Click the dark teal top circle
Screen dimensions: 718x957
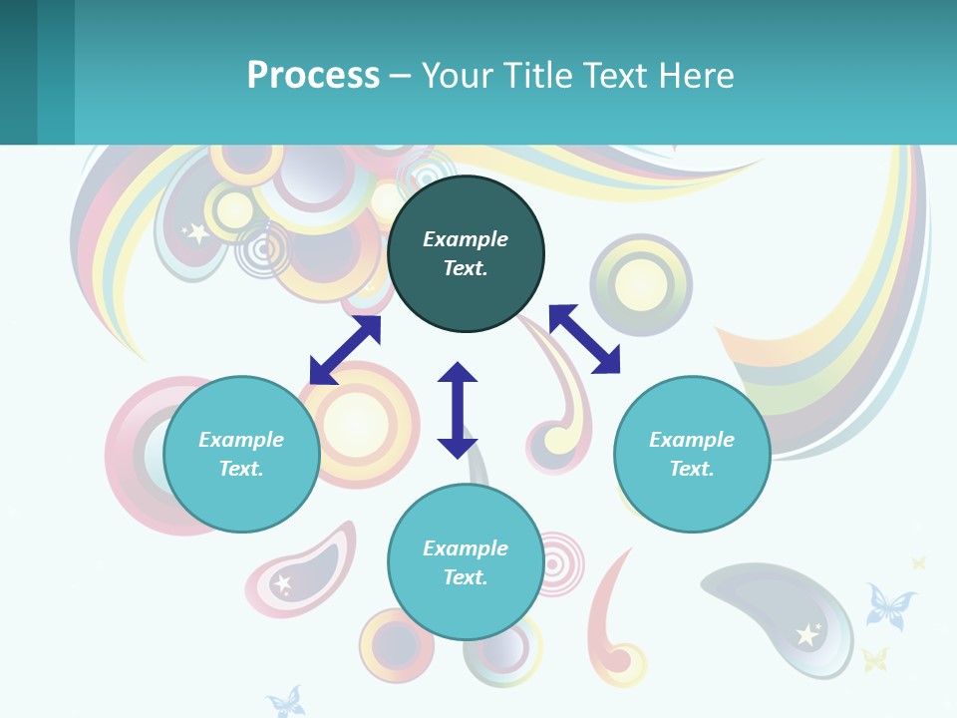coord(466,254)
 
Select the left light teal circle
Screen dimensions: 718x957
coord(241,455)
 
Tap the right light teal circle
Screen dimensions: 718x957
coord(692,455)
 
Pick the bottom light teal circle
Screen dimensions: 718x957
coord(466,562)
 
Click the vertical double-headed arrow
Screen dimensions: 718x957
coord(458,410)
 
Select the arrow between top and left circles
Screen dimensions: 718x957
coord(345,350)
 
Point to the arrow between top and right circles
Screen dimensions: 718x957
coord(584,339)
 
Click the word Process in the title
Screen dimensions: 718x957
coord(313,75)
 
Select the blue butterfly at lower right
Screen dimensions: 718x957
coord(889,606)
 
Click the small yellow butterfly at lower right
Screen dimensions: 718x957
coord(874,659)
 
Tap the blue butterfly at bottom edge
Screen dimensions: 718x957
coord(286,701)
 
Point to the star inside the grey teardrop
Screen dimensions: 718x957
coord(807,634)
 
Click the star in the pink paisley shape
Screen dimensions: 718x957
coord(283,583)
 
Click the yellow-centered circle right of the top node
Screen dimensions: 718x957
coord(640,285)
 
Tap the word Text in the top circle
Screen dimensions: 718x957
coord(466,268)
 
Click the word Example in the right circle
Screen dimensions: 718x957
coord(692,440)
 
